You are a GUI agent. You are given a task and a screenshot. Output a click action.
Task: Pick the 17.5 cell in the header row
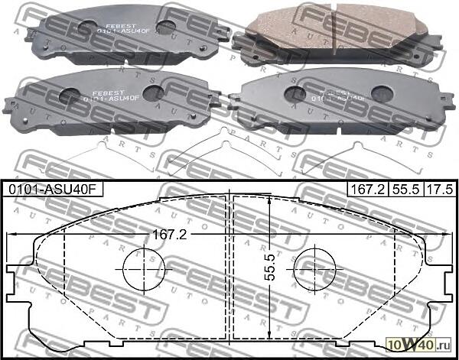pos(438,188)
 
